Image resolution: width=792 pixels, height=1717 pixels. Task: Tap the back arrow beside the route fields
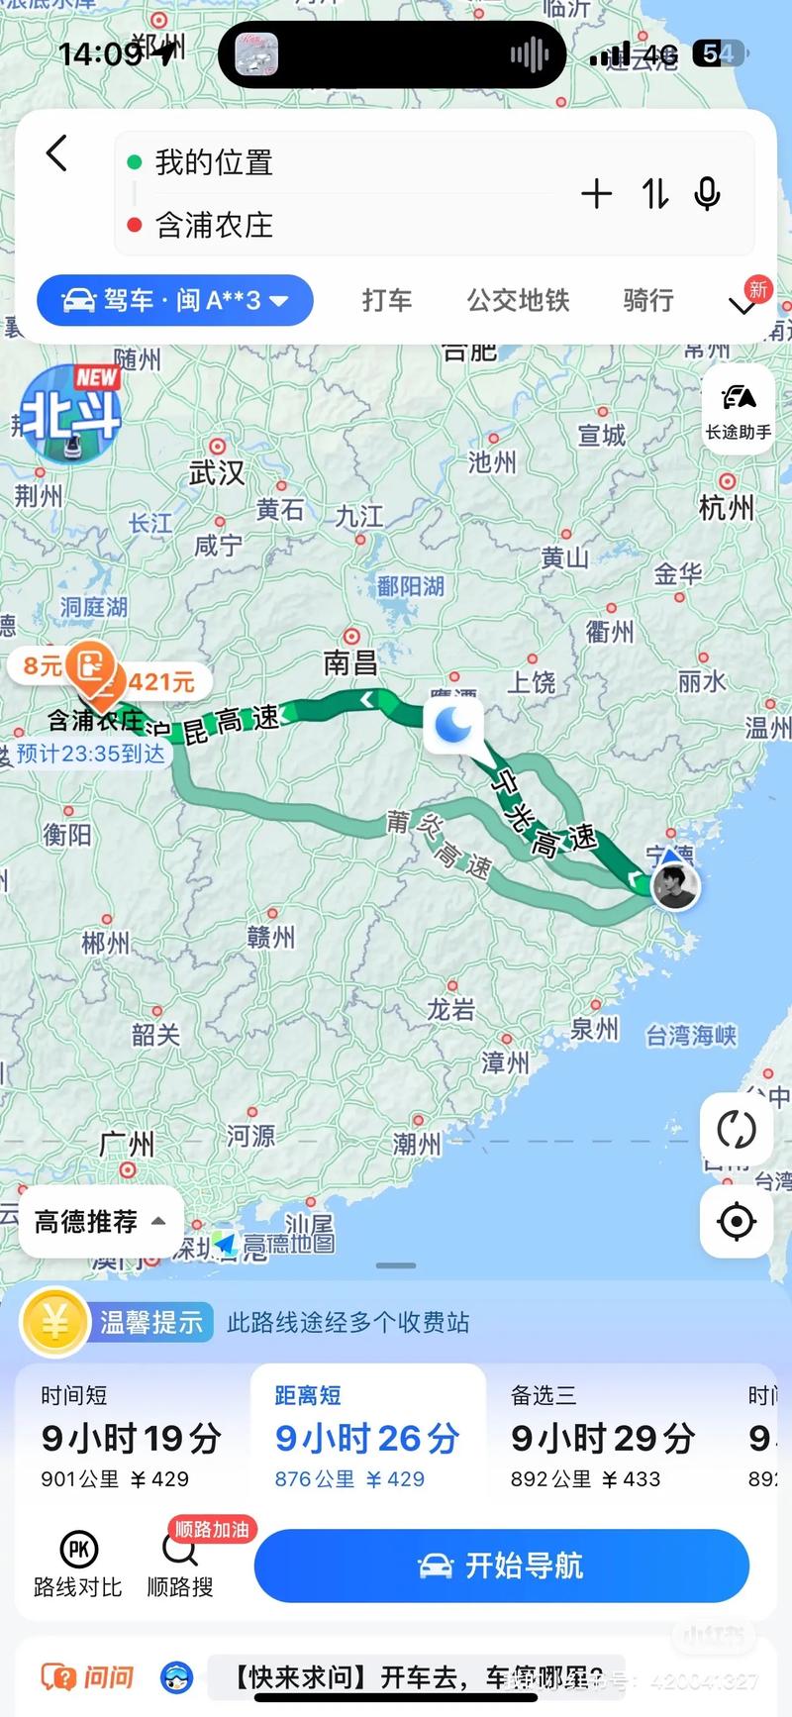(57, 154)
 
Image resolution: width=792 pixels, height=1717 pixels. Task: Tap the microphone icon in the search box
(707, 193)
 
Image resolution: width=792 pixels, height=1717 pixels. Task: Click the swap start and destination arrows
(654, 193)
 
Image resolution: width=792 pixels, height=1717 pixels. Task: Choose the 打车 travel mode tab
(386, 300)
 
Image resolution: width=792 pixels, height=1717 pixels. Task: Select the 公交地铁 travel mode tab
(518, 300)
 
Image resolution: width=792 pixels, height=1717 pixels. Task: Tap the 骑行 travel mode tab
(648, 300)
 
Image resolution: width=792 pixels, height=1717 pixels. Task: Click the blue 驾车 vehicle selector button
(175, 300)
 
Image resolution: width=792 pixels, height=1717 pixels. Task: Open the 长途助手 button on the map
(738, 409)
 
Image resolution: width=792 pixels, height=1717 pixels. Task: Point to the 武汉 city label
(217, 472)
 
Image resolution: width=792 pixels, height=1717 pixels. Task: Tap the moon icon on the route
(454, 725)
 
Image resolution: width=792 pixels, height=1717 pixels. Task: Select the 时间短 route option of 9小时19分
(131, 1437)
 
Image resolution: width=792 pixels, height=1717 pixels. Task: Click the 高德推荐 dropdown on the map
(100, 1222)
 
